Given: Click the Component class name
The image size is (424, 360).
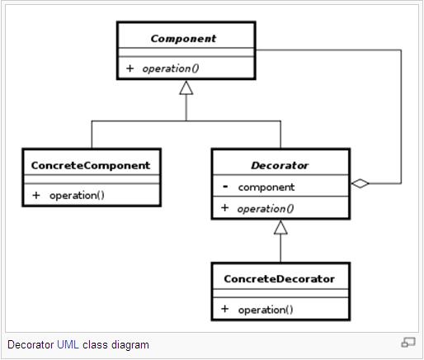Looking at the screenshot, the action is coord(183,39).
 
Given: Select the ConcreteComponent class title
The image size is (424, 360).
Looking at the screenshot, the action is coord(91,165).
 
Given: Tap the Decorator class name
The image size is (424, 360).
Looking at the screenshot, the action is coord(280,165).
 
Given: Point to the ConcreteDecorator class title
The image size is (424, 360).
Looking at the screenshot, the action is coord(280,279).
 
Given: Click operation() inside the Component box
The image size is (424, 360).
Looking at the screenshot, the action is coord(171,69).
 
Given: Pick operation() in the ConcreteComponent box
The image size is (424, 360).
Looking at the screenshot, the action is coord(77,196).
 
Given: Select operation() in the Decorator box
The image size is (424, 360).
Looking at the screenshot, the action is coord(266,209).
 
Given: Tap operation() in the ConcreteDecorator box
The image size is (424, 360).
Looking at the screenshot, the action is coord(266,310).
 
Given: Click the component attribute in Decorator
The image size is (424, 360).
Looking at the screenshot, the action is coord(266,187).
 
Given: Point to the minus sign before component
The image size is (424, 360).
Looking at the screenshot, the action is coord(225,187).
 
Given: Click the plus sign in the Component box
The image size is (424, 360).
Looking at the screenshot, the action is coord(130,68).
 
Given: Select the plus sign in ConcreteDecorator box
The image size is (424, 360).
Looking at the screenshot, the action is coord(224,309).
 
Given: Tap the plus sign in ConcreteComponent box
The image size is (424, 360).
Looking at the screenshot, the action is coord(36,195).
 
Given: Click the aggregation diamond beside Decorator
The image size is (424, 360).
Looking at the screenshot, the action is coord(360,183).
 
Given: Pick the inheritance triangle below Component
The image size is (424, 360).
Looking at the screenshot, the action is coord(186,88).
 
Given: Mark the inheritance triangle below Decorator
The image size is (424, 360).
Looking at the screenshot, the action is coord(280,227).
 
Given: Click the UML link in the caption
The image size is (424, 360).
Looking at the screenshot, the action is coord(68,345).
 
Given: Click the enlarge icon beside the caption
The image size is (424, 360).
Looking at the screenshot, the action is coord(408,343).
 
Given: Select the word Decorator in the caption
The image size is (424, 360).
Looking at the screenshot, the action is coord(31,345).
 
